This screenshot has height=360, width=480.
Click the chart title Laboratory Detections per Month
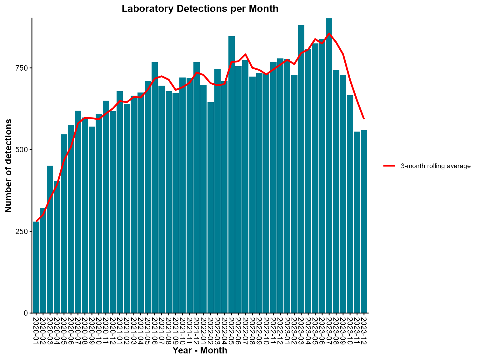pyautogui.click(x=200, y=9)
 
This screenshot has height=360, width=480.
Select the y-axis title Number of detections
pyautogui.click(x=9, y=166)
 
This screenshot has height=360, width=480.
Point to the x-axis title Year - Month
pyautogui.click(x=200, y=351)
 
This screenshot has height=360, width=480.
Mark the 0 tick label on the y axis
pyautogui.click(x=26, y=313)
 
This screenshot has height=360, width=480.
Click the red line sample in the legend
pyautogui.click(x=389, y=166)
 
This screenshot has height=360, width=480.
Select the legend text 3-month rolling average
pyautogui.click(x=436, y=166)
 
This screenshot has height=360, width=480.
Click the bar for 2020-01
pyautogui.click(x=36, y=267)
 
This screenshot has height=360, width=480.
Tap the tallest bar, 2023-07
pyautogui.click(x=329, y=166)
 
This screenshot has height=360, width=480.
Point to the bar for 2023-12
pyautogui.click(x=364, y=222)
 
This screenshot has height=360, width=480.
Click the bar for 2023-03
pyautogui.click(x=301, y=169)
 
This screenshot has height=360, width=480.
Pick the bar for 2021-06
pyautogui.click(x=155, y=187)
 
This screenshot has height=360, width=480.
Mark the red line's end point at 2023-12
pyautogui.click(x=364, y=119)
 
